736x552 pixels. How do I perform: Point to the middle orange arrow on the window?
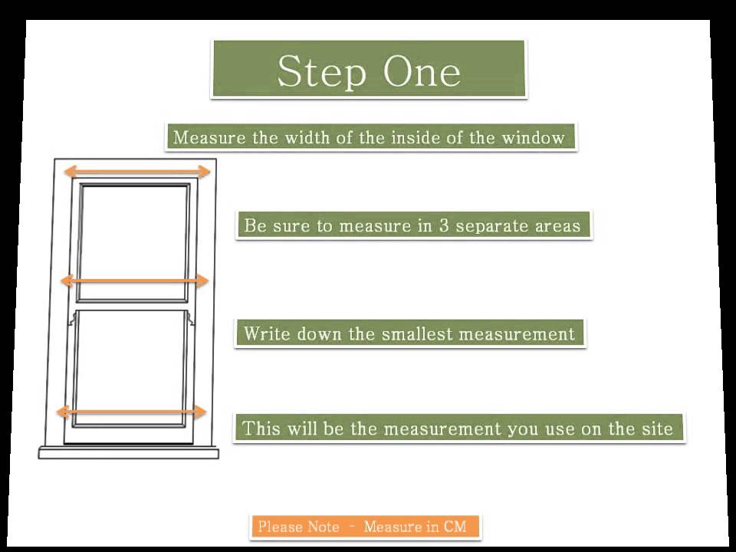point(134,281)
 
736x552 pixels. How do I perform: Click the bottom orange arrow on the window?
point(132,412)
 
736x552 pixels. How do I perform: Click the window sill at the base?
point(129,453)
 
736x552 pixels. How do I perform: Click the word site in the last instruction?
point(658,428)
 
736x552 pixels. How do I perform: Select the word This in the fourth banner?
point(261,428)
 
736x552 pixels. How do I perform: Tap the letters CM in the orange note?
point(455,527)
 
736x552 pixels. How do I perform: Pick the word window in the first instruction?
point(533,138)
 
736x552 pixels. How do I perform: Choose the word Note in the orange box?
point(323,527)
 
